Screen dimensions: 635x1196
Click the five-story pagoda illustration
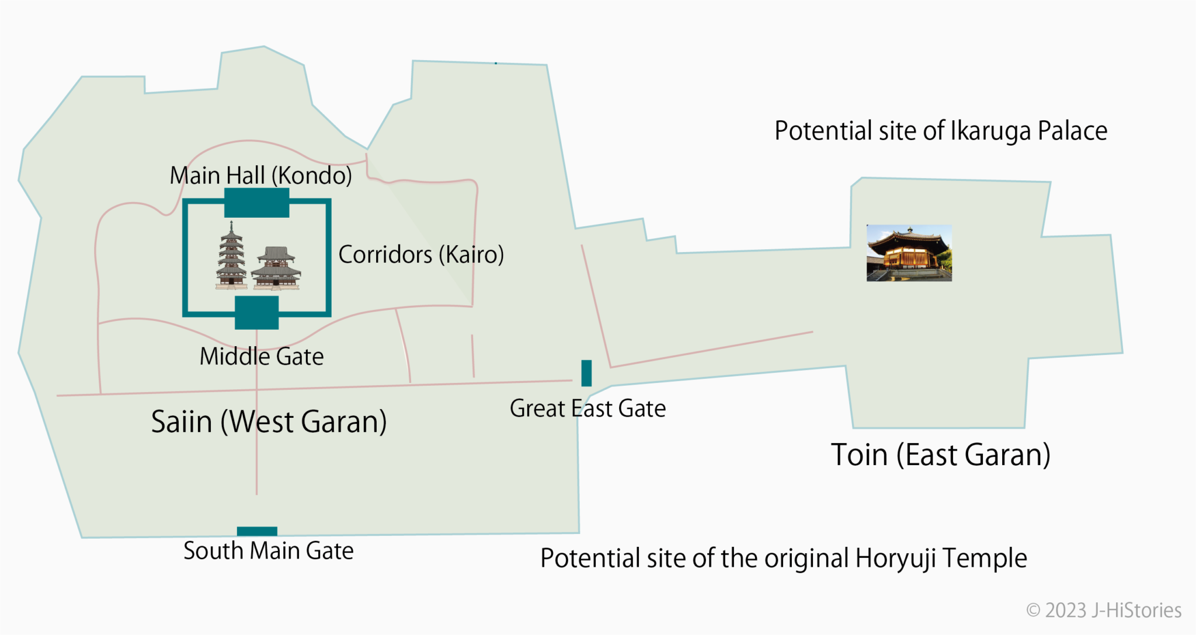click(x=231, y=257)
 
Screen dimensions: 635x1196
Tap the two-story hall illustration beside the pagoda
click(x=276, y=268)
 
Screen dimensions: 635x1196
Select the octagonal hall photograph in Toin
click(x=909, y=253)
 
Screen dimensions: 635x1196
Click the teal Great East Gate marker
click(x=586, y=373)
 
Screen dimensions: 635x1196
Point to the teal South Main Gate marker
click(x=257, y=531)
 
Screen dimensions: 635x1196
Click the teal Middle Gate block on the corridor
click(x=256, y=312)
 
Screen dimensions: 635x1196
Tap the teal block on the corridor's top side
click(x=256, y=203)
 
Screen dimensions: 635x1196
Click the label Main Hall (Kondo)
click(x=260, y=175)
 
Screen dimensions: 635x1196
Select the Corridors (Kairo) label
click(x=420, y=254)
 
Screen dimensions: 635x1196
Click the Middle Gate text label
click(x=261, y=357)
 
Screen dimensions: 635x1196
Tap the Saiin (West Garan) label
click(x=269, y=421)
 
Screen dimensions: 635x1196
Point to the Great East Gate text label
click(x=587, y=409)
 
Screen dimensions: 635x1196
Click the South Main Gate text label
click(x=268, y=551)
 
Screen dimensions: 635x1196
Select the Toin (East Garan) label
click(x=940, y=455)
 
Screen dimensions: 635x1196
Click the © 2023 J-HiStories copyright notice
click(x=1103, y=610)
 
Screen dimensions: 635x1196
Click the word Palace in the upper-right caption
click(x=1072, y=131)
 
